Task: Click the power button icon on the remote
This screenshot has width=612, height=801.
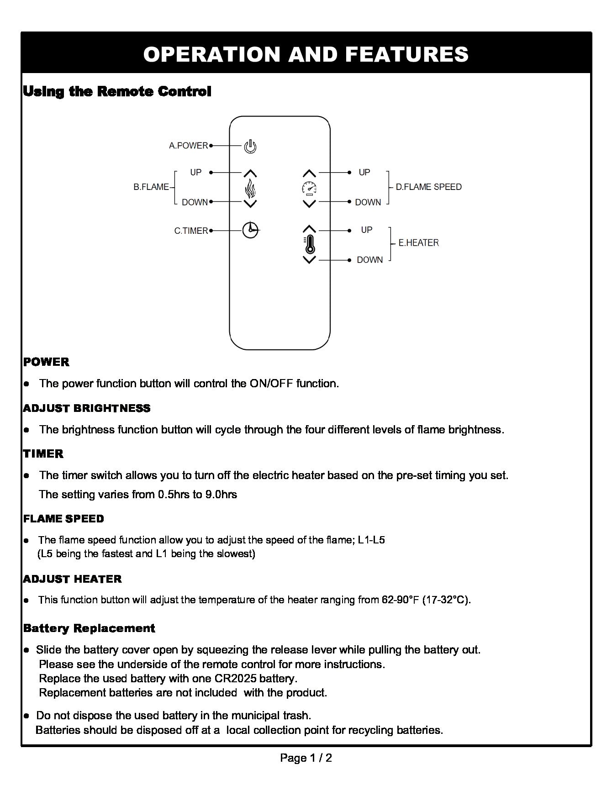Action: point(250,146)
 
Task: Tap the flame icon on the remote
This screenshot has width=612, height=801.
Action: point(250,188)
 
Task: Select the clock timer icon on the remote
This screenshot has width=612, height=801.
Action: point(250,230)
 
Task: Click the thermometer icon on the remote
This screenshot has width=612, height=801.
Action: point(310,245)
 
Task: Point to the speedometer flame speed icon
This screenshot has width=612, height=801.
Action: point(310,188)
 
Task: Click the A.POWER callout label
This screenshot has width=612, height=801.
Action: point(188,146)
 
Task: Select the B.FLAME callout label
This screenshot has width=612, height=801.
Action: point(151,187)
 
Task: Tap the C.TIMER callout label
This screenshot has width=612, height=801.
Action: point(191,231)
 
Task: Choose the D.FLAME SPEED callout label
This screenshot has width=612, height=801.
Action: point(428,187)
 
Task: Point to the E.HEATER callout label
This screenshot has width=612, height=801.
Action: point(418,243)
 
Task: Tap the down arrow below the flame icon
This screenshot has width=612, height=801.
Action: point(250,203)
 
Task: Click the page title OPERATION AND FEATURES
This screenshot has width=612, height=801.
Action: point(306,54)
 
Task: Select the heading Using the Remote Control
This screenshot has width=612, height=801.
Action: point(117,91)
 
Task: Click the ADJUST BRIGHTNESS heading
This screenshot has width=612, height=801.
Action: point(87,408)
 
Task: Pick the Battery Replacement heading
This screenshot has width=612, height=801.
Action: point(89,628)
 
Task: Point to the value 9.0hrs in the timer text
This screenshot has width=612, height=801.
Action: point(221,495)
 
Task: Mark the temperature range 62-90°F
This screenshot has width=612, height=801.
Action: point(400,600)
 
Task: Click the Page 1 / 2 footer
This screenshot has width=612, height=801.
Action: point(306,758)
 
